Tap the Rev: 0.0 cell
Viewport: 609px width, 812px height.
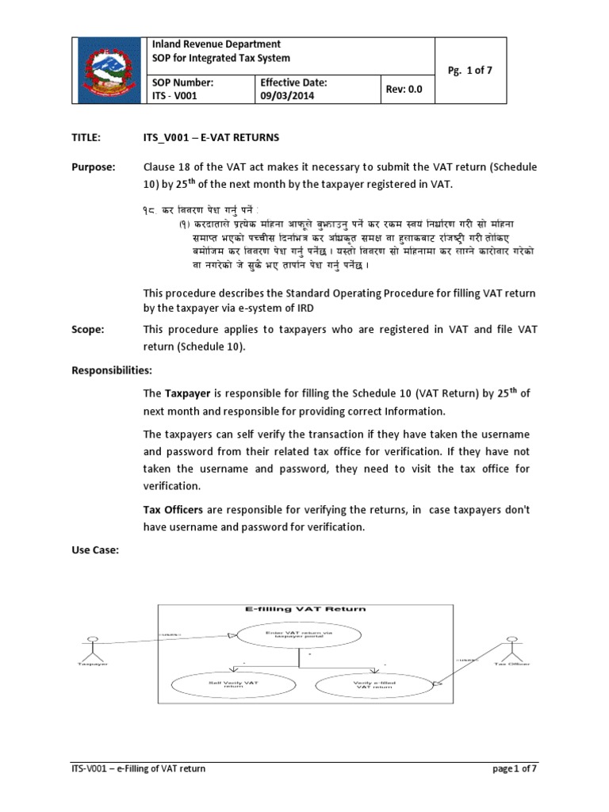[404, 90]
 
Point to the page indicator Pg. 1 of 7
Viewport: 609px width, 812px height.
[470, 70]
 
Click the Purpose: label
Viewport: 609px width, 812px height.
[94, 167]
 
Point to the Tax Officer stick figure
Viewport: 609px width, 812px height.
[511, 648]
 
